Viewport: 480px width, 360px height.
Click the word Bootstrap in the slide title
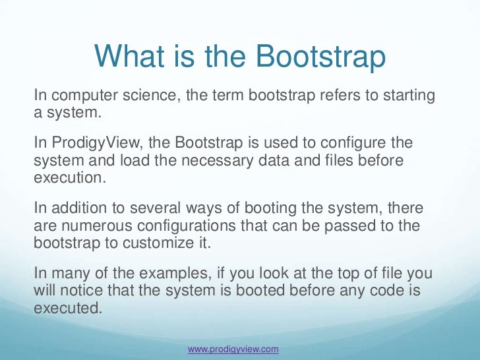point(320,58)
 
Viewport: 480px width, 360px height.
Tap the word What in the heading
point(127,57)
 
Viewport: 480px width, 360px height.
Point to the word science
point(150,96)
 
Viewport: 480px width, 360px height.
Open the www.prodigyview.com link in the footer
point(233,348)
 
